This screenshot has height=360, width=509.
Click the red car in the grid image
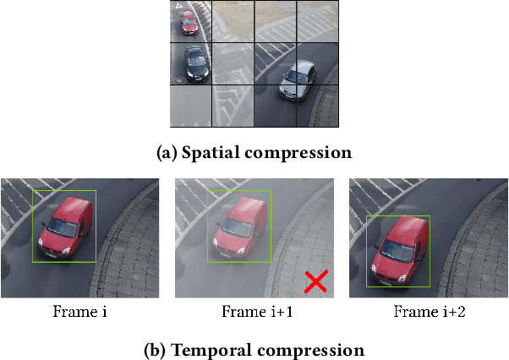click(189, 22)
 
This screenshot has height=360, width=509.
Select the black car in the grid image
click(195, 64)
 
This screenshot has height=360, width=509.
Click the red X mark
click(316, 282)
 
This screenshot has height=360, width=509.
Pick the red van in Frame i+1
click(240, 226)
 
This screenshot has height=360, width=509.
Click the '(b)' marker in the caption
click(157, 349)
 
